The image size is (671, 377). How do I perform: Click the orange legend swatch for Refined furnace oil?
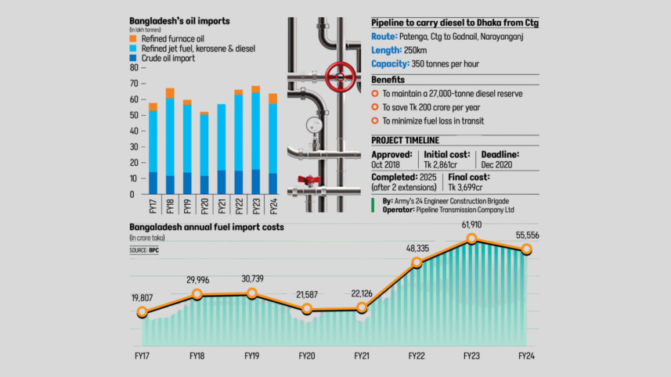pyautogui.click(x=134, y=38)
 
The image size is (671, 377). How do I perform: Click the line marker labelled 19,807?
pyautogui.click(x=142, y=312)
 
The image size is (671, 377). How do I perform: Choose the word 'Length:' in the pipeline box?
pyautogui.click(x=388, y=50)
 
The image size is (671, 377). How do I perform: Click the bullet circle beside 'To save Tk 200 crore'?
pyautogui.click(x=375, y=107)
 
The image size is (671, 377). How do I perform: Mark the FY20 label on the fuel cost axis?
pyautogui.click(x=308, y=355)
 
